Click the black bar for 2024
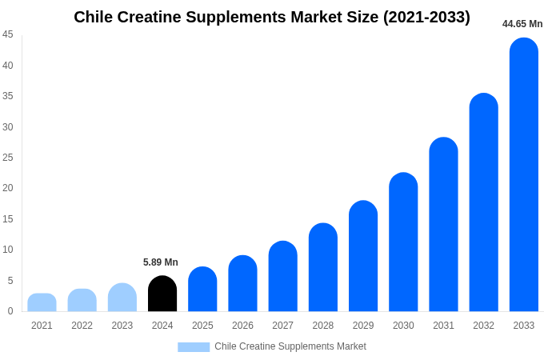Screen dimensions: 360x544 pos(162,294)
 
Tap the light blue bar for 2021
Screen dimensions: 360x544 pos(42,302)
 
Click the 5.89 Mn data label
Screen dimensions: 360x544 pos(161,262)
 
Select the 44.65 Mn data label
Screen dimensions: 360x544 pos(522,24)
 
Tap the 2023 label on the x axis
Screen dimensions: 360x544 pos(122,326)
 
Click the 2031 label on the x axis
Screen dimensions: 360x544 pos(443,326)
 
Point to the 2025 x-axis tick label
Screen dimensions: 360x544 pos(202,326)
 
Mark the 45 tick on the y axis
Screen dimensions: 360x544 pos(8,34)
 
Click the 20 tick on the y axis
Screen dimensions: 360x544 pos(8,188)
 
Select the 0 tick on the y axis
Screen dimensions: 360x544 pos(10,311)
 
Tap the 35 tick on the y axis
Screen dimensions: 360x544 pos(8,96)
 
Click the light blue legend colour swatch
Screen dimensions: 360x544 pos(194,347)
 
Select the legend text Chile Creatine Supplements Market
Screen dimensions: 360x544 pos(290,346)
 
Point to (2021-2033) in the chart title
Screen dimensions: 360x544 pos(426,17)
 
